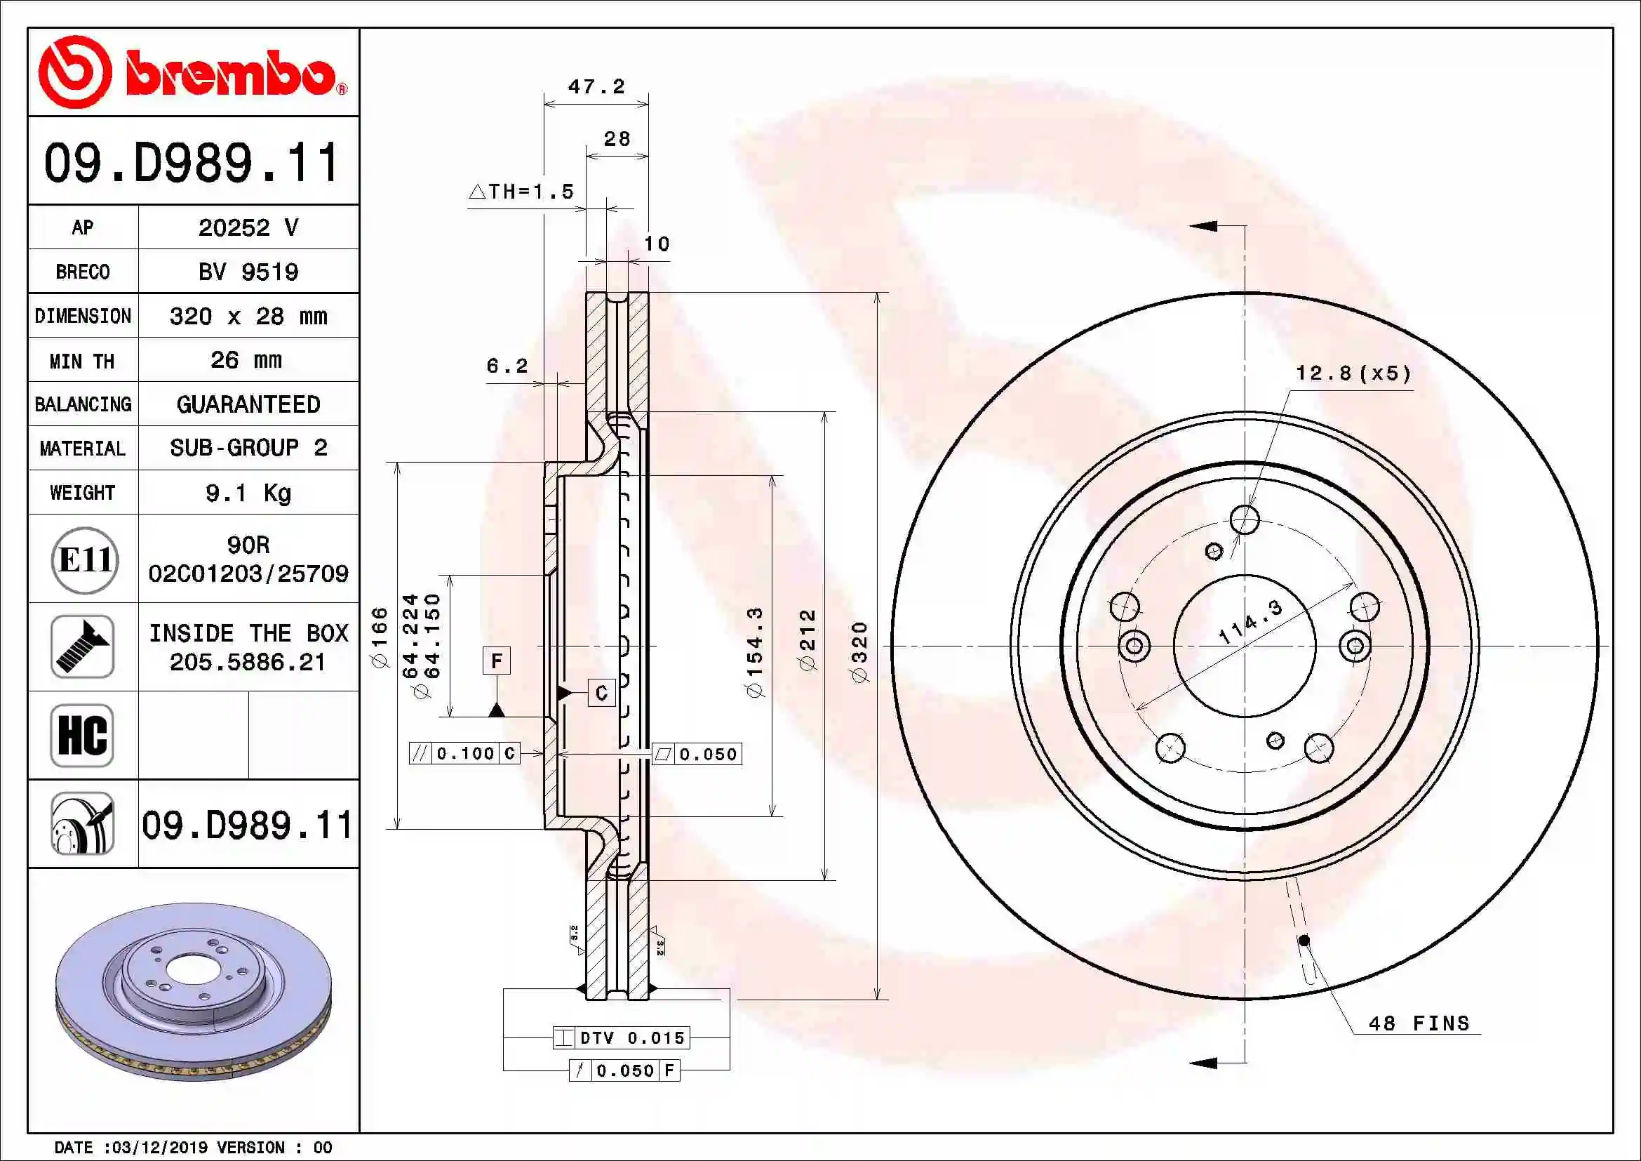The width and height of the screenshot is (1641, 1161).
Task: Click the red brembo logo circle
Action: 74,72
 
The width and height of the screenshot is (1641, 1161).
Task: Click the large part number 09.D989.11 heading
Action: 192,162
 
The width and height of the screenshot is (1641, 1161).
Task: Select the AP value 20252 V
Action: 248,228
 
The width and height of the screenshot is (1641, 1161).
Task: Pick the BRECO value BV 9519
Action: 248,272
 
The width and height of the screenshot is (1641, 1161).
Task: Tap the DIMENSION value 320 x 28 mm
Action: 248,316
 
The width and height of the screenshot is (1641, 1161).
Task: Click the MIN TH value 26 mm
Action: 246,360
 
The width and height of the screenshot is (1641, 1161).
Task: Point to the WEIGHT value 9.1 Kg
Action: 248,493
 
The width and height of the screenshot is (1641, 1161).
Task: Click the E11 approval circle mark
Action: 84,559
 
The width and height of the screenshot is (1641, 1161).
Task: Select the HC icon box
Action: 82,736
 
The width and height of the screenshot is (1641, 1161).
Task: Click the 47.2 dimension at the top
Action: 596,86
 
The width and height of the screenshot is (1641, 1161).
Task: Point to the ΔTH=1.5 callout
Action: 521,192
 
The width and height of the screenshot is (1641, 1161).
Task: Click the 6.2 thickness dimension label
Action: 507,366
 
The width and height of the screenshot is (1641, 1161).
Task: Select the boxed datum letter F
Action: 497,661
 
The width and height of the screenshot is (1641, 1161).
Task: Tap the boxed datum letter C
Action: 601,693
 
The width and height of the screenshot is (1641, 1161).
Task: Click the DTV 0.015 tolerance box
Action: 622,1038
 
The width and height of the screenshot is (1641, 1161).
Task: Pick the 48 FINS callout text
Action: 1419,1023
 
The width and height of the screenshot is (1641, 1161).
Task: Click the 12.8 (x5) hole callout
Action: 1353,373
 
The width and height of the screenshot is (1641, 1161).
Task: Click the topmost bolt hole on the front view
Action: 1245,519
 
